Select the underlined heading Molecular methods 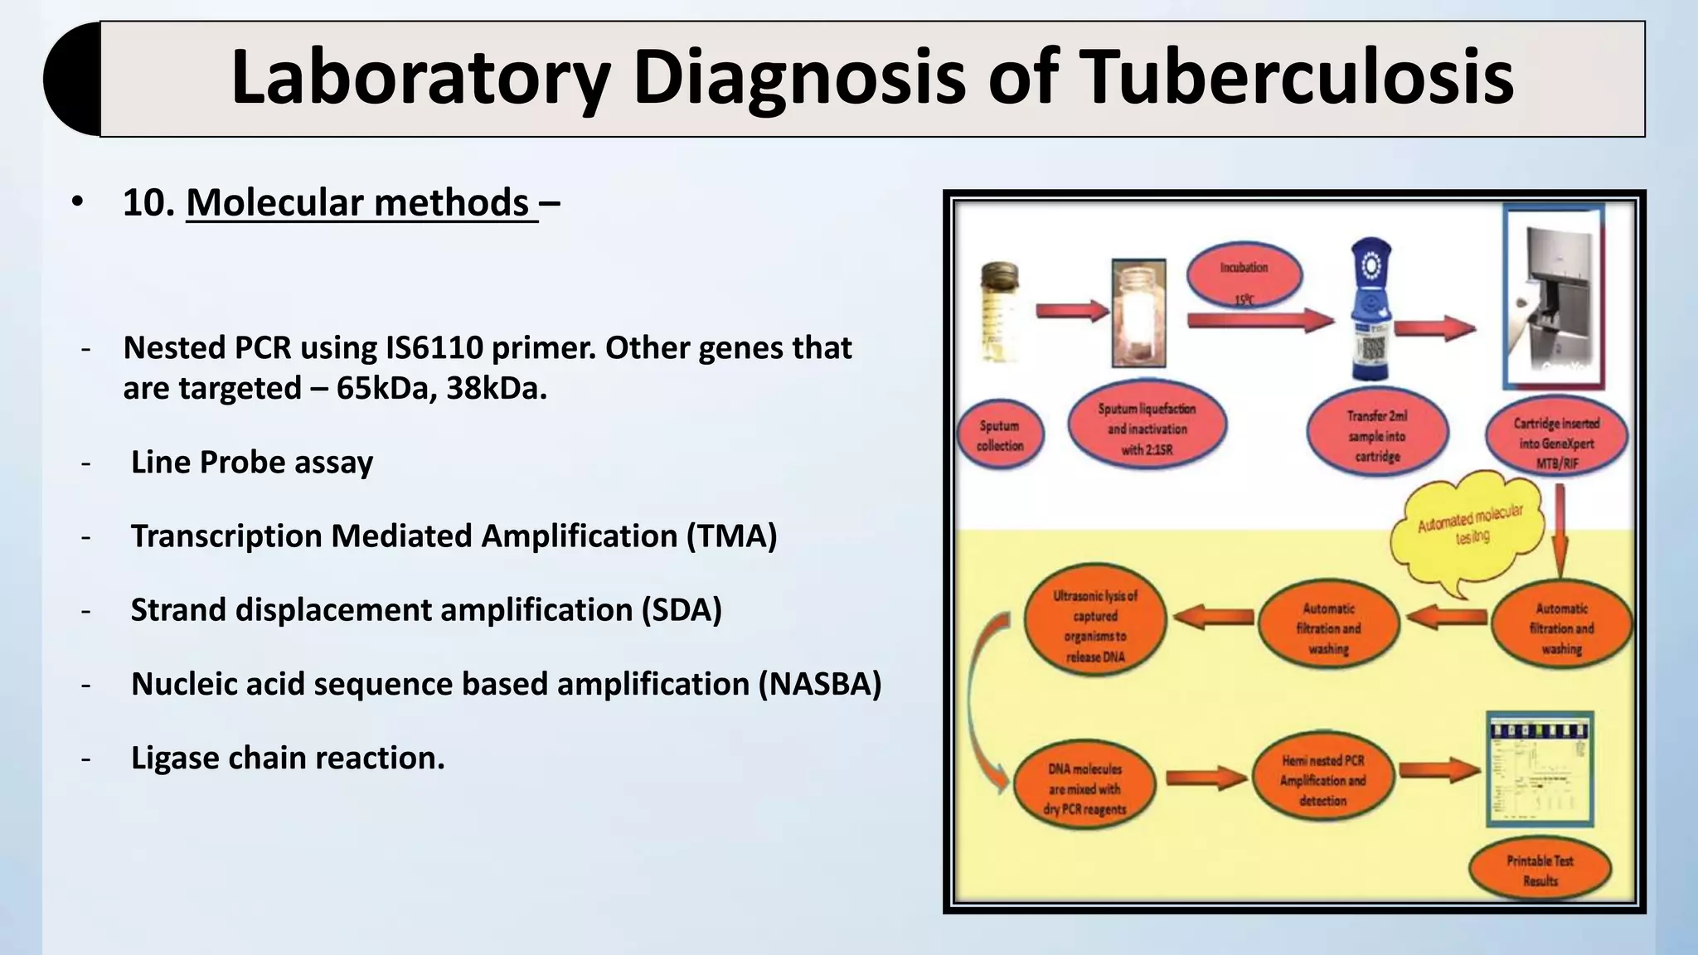361,202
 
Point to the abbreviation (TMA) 731,536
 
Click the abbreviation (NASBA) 819,684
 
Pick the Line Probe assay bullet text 252,463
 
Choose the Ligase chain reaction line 288,758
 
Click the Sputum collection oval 999,435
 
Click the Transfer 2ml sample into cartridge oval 1377,435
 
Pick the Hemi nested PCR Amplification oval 1322,780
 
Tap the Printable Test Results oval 1540,870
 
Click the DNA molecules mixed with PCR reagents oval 1085,788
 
